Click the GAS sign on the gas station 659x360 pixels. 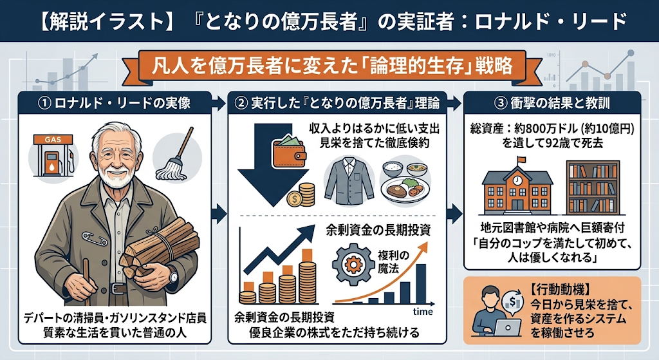coord(53,139)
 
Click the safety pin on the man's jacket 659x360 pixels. coord(95,238)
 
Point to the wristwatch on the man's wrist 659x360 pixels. coord(172,276)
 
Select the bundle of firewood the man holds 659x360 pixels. coord(160,247)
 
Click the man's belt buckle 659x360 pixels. coord(118,289)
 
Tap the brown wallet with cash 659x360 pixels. coord(289,151)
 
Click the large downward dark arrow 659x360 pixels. coord(273,164)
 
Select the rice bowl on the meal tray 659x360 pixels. coord(393,169)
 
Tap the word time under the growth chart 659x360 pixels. coord(422,312)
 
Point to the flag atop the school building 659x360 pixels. coord(521,160)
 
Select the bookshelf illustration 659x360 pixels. coord(593,187)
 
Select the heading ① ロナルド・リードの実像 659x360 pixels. coord(115,103)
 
